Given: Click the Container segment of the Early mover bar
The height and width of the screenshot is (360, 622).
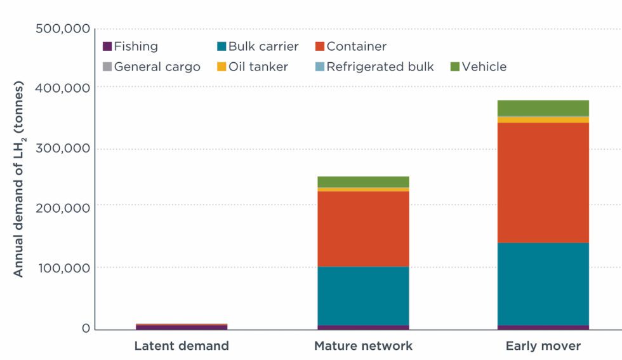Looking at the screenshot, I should (x=543, y=182).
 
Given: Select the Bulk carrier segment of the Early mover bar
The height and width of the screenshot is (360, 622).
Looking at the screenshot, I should (x=543, y=284).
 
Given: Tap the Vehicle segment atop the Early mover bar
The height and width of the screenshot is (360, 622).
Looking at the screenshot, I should (x=543, y=108).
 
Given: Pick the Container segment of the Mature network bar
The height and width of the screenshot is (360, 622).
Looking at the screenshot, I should (x=363, y=229).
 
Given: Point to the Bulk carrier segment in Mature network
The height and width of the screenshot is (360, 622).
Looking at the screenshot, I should (x=363, y=296).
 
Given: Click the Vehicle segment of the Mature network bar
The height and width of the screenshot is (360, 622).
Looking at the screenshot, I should (x=363, y=182).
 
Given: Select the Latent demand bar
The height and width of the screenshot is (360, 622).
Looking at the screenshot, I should (x=182, y=326).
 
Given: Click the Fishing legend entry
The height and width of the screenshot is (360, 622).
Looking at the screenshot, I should (x=130, y=46).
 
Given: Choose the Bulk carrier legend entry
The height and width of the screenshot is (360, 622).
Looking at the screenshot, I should (x=257, y=46).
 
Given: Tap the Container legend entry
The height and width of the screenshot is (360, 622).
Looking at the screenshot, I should (x=350, y=46).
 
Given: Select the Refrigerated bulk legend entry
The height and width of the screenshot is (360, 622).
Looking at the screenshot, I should (x=374, y=67).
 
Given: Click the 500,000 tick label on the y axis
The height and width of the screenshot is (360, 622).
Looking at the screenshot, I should (x=62, y=29).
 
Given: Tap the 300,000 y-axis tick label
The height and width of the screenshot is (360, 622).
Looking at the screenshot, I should (x=62, y=149).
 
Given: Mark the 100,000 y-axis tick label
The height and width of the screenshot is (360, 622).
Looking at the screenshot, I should (x=62, y=268).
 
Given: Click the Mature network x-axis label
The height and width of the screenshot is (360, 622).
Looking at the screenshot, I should (x=363, y=346).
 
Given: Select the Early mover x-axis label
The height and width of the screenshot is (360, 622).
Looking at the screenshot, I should (x=543, y=346).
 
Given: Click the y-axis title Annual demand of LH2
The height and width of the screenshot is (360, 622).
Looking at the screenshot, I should (x=18, y=179).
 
